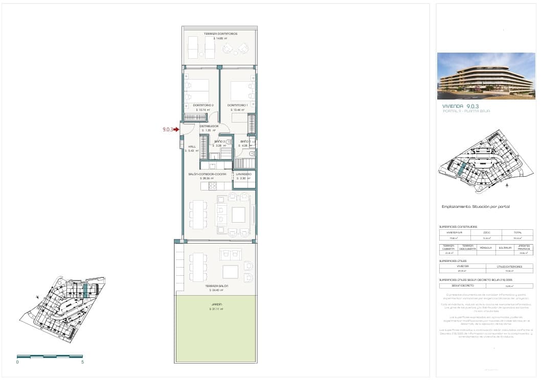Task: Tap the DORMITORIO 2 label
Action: pos(203,105)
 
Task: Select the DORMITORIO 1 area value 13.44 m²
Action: pos(238,110)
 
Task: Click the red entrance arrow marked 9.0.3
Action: pos(176,130)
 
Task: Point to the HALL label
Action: pos(192,147)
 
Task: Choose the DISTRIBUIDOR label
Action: pos(209,126)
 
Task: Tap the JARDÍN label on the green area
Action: pos(217,304)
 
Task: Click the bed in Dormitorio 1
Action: pos(241,91)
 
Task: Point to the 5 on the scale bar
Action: pos(82,362)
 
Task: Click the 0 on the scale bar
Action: pos(17,362)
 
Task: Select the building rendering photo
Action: pos(485,76)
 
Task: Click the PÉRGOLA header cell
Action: pos(485,247)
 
